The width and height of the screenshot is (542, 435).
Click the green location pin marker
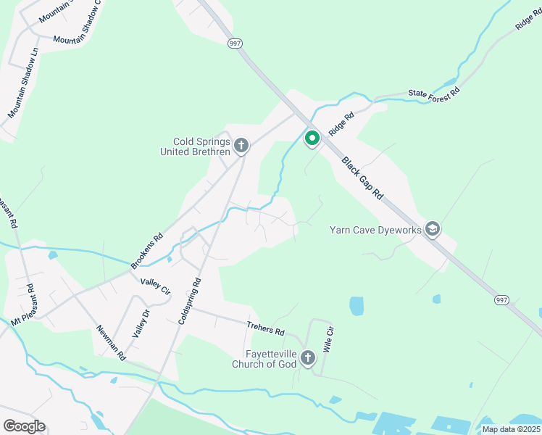pyautogui.click(x=312, y=137)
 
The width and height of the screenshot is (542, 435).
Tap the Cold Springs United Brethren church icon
pyautogui.click(x=241, y=146)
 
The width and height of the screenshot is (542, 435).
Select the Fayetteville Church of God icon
pyautogui.click(x=308, y=358)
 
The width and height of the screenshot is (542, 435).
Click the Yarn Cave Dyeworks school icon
pyautogui.click(x=433, y=230)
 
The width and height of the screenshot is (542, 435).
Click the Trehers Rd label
pyautogui.click(x=265, y=328)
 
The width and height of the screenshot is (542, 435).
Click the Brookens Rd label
pyautogui.click(x=147, y=251)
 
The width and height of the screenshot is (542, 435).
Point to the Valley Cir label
pyautogui.click(x=155, y=286)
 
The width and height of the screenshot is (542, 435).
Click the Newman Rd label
pyautogui.click(x=111, y=343)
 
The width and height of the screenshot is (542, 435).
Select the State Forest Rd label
pyautogui.click(x=433, y=93)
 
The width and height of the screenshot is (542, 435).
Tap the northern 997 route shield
pyautogui.click(x=235, y=43)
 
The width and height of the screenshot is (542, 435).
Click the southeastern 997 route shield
pyautogui.click(x=501, y=299)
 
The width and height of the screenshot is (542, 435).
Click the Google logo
pyautogui.click(x=24, y=426)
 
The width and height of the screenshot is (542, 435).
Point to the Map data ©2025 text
pyautogui.click(x=511, y=429)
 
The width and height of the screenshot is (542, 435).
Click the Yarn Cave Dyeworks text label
pyautogui.click(x=375, y=230)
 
